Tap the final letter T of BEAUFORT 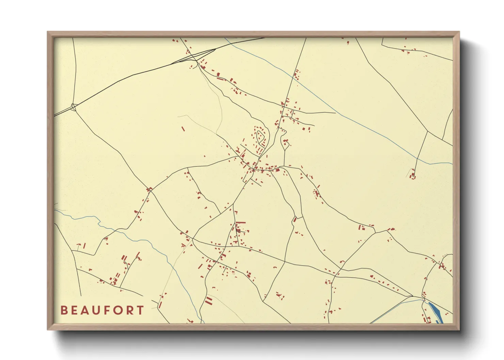141,310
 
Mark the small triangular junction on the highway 74,107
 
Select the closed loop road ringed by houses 261,138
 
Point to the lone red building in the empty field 183,129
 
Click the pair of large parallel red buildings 208,300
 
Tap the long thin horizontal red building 240,223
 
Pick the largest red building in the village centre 277,170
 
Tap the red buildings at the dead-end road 413,176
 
